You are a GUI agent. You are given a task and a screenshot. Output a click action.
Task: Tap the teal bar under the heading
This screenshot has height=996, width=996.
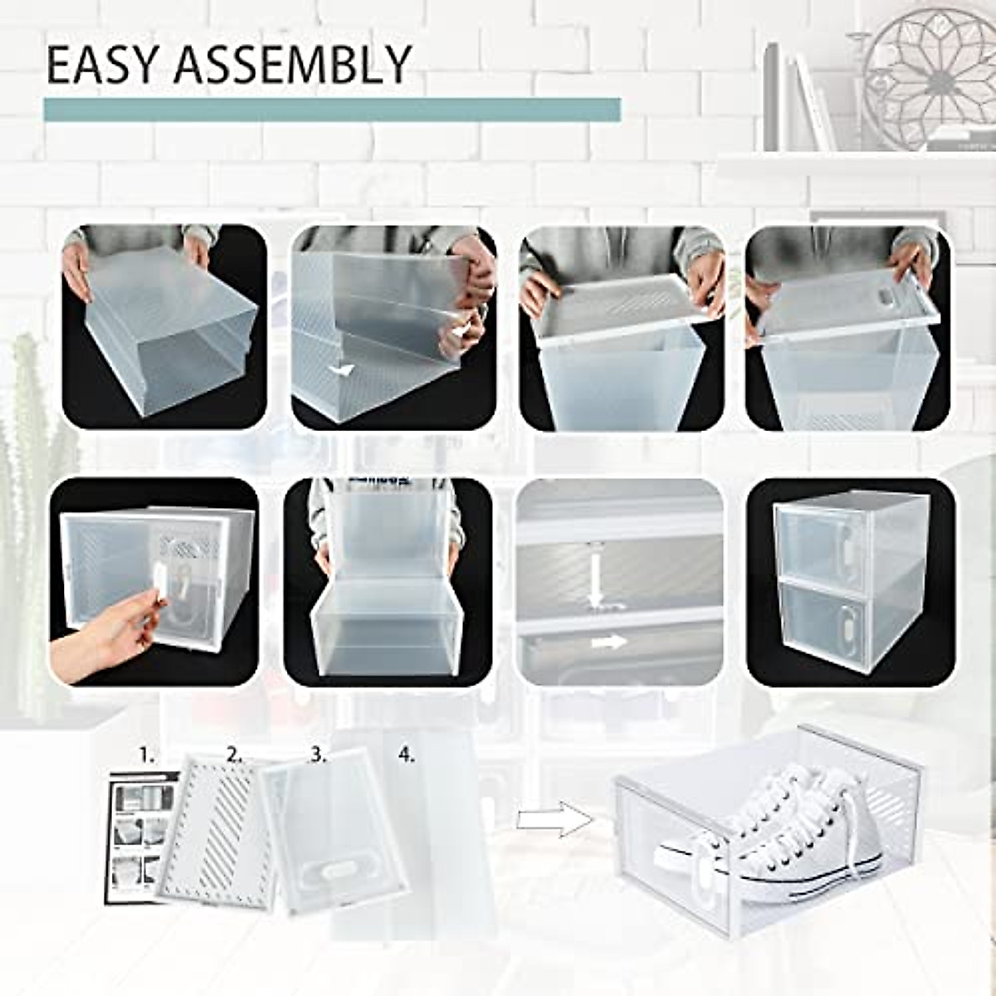tap(332, 110)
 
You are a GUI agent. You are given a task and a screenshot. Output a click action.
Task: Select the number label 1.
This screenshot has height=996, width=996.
tap(147, 754)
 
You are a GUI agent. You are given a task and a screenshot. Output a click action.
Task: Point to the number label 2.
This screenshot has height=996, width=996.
tap(235, 754)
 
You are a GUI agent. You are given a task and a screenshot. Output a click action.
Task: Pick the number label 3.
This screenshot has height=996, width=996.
tap(318, 754)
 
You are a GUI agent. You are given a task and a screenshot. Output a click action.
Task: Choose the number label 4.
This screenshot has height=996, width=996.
tap(406, 754)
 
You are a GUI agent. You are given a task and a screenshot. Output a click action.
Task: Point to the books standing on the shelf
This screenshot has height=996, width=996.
tap(797, 100)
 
